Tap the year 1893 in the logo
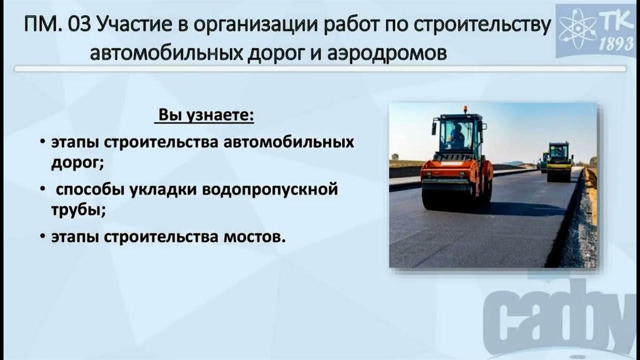tap(616, 44)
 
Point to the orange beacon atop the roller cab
tap(464, 109)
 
